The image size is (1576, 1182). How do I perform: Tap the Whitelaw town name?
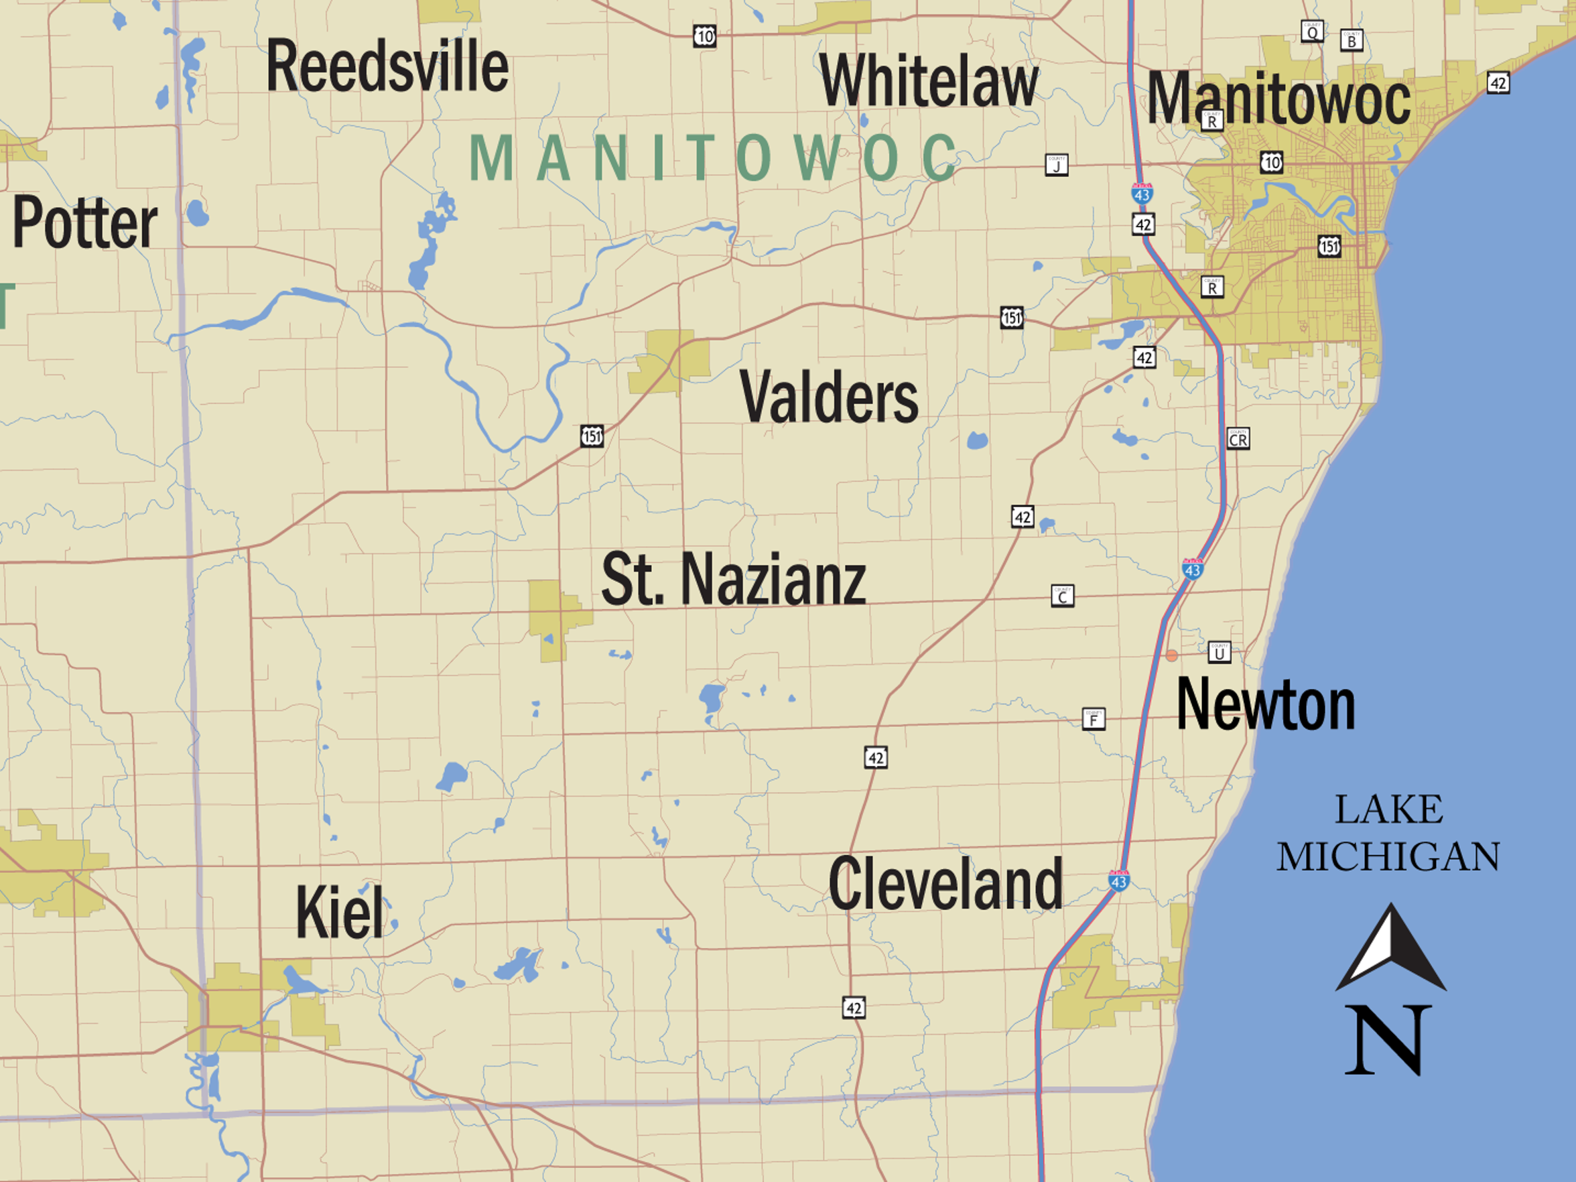928,80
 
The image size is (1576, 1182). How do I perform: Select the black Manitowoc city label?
1278,99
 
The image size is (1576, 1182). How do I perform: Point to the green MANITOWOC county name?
712,157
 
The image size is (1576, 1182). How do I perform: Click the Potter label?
85,223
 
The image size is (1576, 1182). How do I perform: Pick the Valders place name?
830,397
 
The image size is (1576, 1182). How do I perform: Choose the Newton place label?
1265,705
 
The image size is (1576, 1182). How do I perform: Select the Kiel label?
340,913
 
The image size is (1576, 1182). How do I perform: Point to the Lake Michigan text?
1388,833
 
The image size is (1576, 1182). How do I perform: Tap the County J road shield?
1057,166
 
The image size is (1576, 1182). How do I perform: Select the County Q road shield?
1312,31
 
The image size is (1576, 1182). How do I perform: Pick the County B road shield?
1352,40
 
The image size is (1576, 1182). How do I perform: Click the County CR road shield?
1238,439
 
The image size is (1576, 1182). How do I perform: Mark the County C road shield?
1062,596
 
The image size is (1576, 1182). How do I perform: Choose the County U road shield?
1219,652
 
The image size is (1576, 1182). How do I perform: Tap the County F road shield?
1094,719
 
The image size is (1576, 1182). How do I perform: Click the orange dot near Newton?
1171,655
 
